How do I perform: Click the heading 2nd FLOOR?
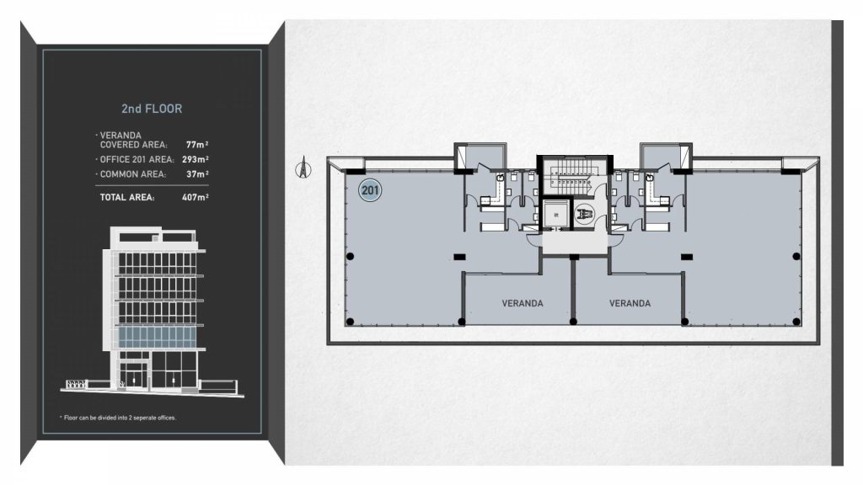coord(152,109)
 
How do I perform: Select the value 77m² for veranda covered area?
coord(197,145)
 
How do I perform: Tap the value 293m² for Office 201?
coord(196,159)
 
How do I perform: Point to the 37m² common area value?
coord(197,174)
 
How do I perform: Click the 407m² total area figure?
coord(196,197)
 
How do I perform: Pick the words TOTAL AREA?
coord(127,197)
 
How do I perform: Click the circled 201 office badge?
coord(370,191)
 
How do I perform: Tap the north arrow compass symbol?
coord(303,168)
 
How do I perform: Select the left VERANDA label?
coord(523,303)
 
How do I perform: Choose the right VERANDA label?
coord(630,303)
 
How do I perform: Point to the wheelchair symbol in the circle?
coord(585,214)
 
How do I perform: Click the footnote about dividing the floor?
coord(118,418)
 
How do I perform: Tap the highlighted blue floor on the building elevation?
coord(158,337)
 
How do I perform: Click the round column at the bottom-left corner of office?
coord(350,322)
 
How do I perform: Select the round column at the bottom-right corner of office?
coord(796,322)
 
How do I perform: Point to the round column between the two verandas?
coord(573,322)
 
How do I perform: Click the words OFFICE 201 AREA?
coord(137,159)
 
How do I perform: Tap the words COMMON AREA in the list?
coord(132,174)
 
